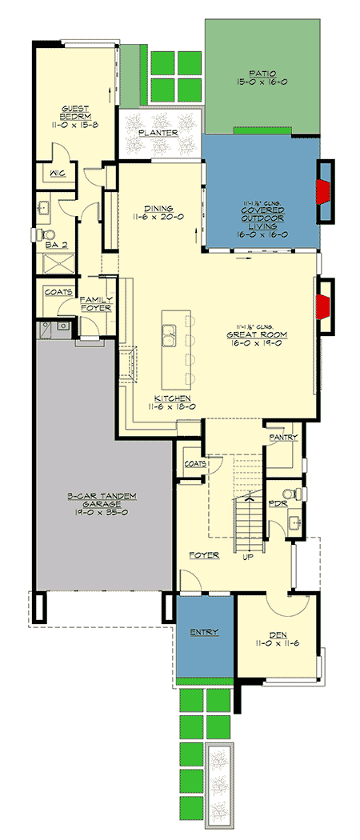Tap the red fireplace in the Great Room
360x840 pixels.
(323, 305)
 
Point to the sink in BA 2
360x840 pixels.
(45, 206)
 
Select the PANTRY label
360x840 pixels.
(284, 438)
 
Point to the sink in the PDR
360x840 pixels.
(295, 524)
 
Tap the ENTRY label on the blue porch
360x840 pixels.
(204, 632)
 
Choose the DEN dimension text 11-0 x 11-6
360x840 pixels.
(278, 642)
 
